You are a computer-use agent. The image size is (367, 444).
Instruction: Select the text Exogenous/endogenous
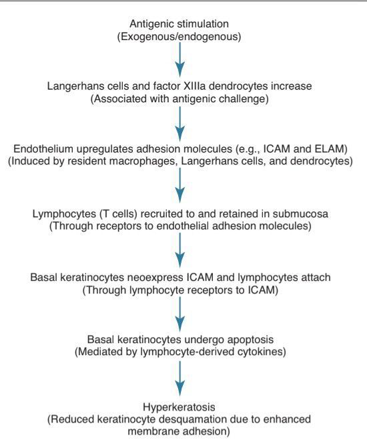point(179,37)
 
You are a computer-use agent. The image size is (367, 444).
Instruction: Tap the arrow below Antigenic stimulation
point(180,60)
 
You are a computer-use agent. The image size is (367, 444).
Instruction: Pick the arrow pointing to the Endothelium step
point(180,124)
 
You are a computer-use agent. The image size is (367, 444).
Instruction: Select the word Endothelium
point(43,148)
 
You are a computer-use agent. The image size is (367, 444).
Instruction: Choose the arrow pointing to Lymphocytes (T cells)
point(180,185)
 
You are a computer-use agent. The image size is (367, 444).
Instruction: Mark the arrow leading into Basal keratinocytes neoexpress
point(180,250)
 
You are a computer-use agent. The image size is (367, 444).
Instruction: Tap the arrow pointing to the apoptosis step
point(180,314)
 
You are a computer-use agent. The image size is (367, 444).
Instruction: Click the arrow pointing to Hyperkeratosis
point(180,379)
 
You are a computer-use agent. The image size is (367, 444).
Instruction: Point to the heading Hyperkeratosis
point(179,407)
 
